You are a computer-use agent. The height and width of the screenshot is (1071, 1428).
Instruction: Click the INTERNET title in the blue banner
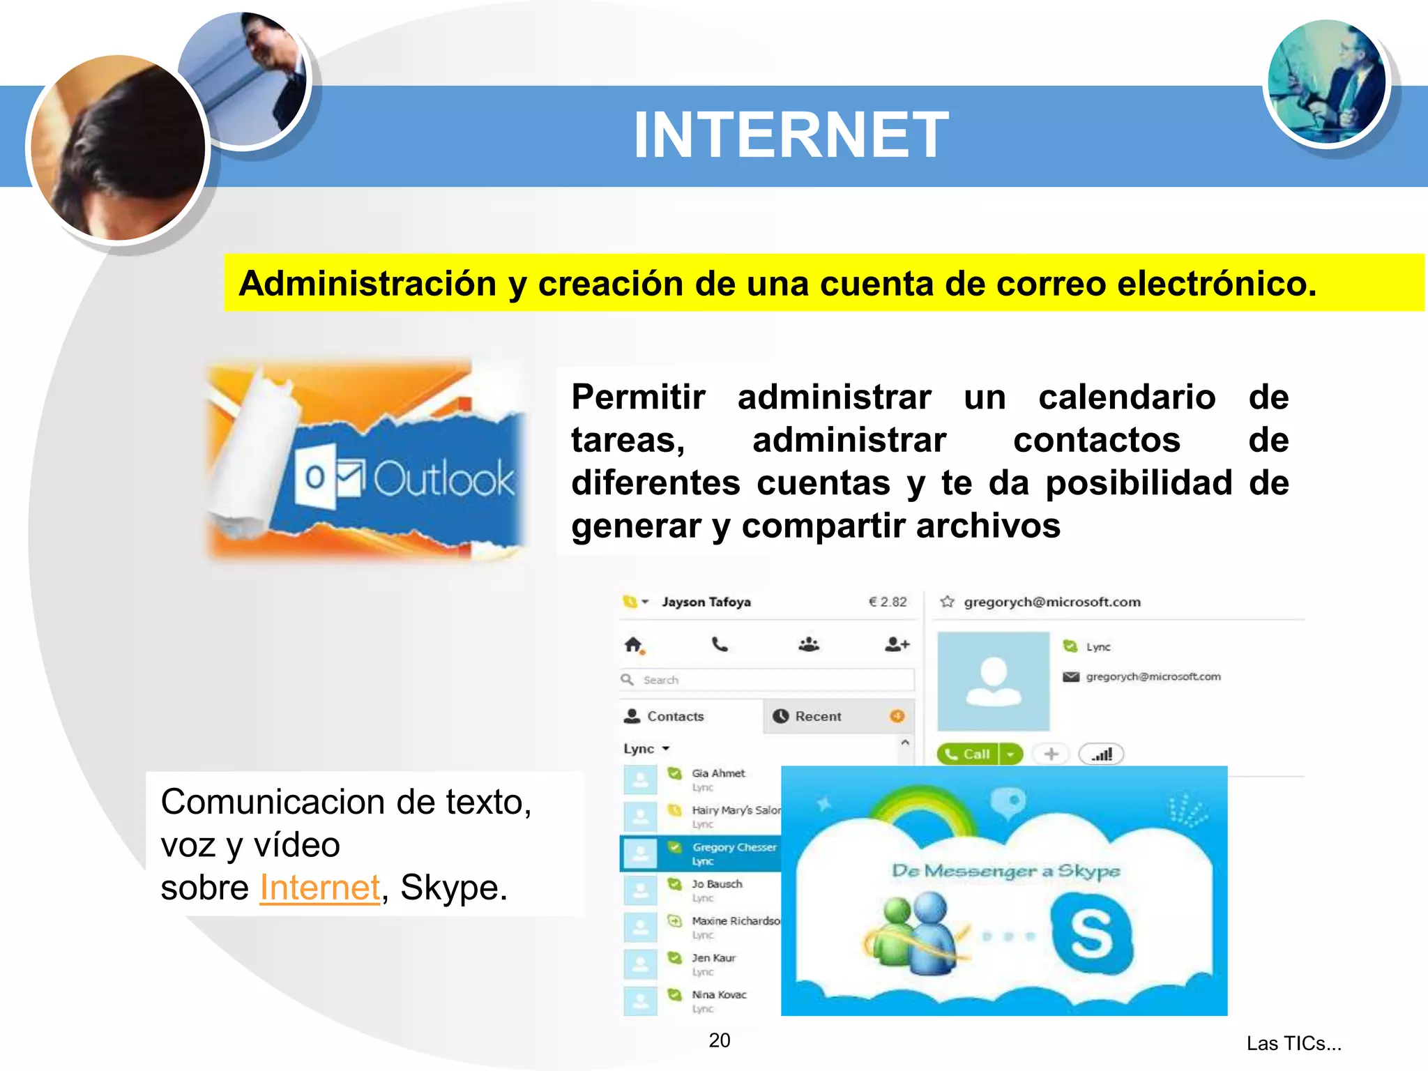pos(791,135)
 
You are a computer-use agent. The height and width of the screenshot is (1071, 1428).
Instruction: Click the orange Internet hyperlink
pos(320,888)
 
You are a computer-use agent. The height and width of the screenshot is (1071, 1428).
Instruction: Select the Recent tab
pos(818,716)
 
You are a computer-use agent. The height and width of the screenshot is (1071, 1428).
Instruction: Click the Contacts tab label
pos(675,716)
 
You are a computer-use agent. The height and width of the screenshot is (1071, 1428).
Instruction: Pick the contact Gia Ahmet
pos(717,773)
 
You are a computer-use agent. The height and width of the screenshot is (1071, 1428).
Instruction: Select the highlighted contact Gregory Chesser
pos(734,847)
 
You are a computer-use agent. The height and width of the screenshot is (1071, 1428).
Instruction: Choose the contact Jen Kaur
pos(713,958)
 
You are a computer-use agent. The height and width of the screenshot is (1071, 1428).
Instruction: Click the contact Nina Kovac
pos(718,995)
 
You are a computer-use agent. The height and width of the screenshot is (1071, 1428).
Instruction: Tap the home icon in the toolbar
pos(633,645)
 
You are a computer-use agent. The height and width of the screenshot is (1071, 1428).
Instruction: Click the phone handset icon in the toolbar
pos(720,644)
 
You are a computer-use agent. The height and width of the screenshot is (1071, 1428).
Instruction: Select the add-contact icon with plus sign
pos(897,644)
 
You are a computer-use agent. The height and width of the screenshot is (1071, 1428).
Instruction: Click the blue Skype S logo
pos(1092,934)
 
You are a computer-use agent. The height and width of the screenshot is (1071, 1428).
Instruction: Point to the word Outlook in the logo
pos(443,479)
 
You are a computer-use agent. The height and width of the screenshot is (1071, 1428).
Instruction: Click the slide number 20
pos(720,1040)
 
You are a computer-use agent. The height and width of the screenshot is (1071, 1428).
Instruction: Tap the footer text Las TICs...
pos(1293,1043)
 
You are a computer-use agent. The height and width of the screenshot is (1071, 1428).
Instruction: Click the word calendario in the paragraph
pos(1127,397)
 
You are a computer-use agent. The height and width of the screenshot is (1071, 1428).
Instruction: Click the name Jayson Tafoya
pos(706,602)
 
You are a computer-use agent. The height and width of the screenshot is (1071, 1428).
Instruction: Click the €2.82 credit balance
pos(888,602)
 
